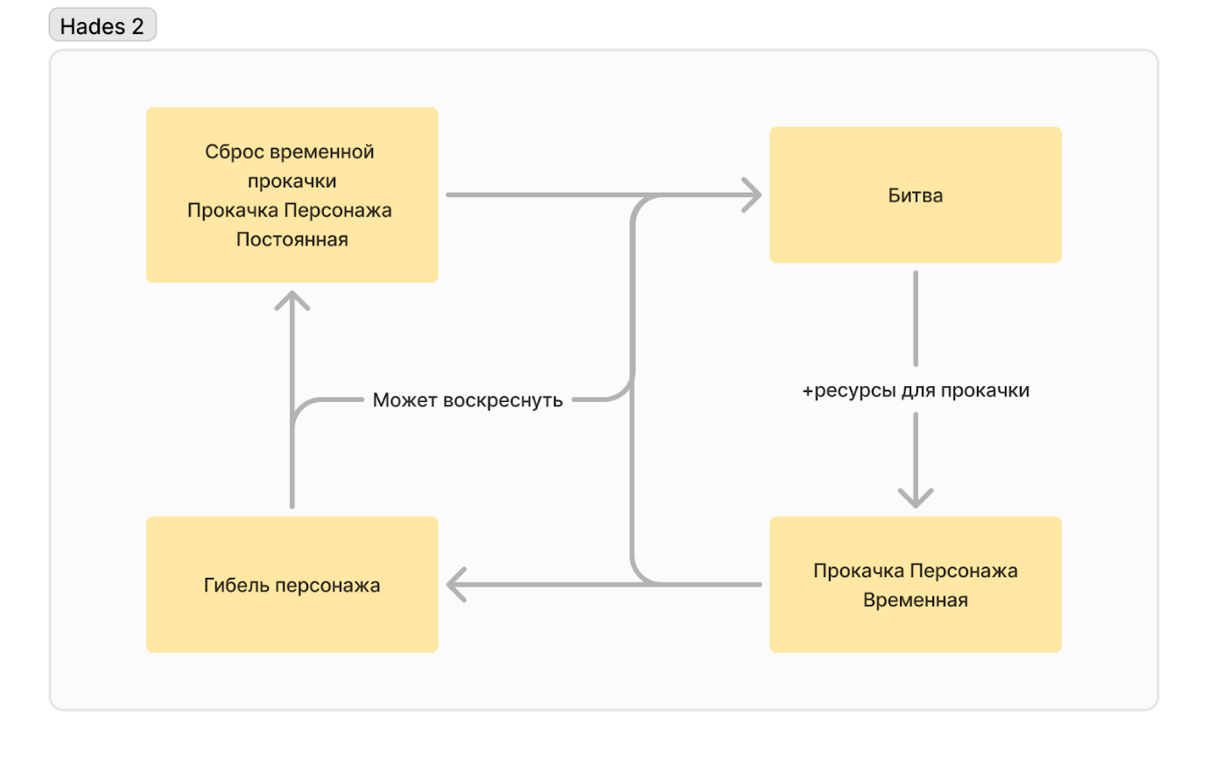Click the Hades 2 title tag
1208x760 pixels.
102,26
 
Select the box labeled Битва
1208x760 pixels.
915,194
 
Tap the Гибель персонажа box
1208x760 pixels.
291,584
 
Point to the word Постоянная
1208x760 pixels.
291,239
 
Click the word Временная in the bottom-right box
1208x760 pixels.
915,601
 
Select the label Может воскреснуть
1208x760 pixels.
467,401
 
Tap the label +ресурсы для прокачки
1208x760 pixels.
915,391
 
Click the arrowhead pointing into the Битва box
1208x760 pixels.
753,194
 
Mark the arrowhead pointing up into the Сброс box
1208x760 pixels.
291,299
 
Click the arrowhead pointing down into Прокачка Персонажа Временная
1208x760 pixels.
915,498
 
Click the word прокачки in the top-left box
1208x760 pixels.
291,181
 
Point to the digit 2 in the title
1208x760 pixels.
137,26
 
